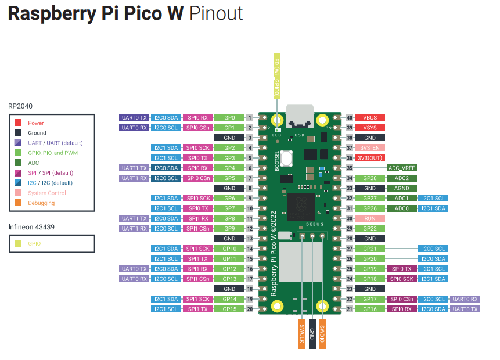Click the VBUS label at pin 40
click(370, 117)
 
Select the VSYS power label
click(370, 127)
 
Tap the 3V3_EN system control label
click(370, 147)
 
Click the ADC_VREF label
click(402, 168)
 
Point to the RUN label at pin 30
click(370, 218)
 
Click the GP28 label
click(370, 178)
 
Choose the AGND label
click(402, 188)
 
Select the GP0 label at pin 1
click(229, 117)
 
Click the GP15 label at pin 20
click(229, 309)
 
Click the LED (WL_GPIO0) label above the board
click(277, 75)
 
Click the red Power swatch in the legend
click(18, 123)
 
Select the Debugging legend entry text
click(41, 203)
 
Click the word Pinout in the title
click(216, 14)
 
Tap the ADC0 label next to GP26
click(402, 208)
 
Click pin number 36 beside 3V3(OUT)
click(350, 158)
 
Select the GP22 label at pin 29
click(370, 228)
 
